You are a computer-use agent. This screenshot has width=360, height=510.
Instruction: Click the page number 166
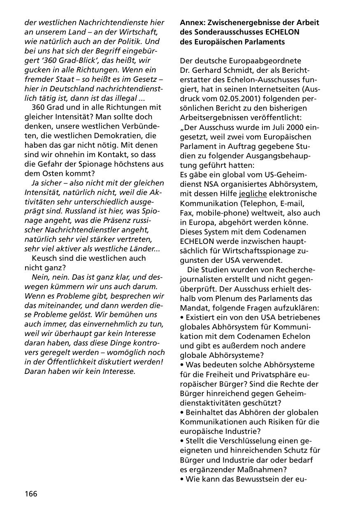(31, 494)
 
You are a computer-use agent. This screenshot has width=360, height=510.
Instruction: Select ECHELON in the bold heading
(282, 32)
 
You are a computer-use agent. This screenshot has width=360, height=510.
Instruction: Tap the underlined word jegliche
(253, 194)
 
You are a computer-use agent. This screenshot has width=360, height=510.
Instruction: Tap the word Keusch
(44, 258)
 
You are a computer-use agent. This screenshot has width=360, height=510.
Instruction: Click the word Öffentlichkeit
(70, 362)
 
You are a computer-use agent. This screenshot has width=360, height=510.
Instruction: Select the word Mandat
(193, 308)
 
